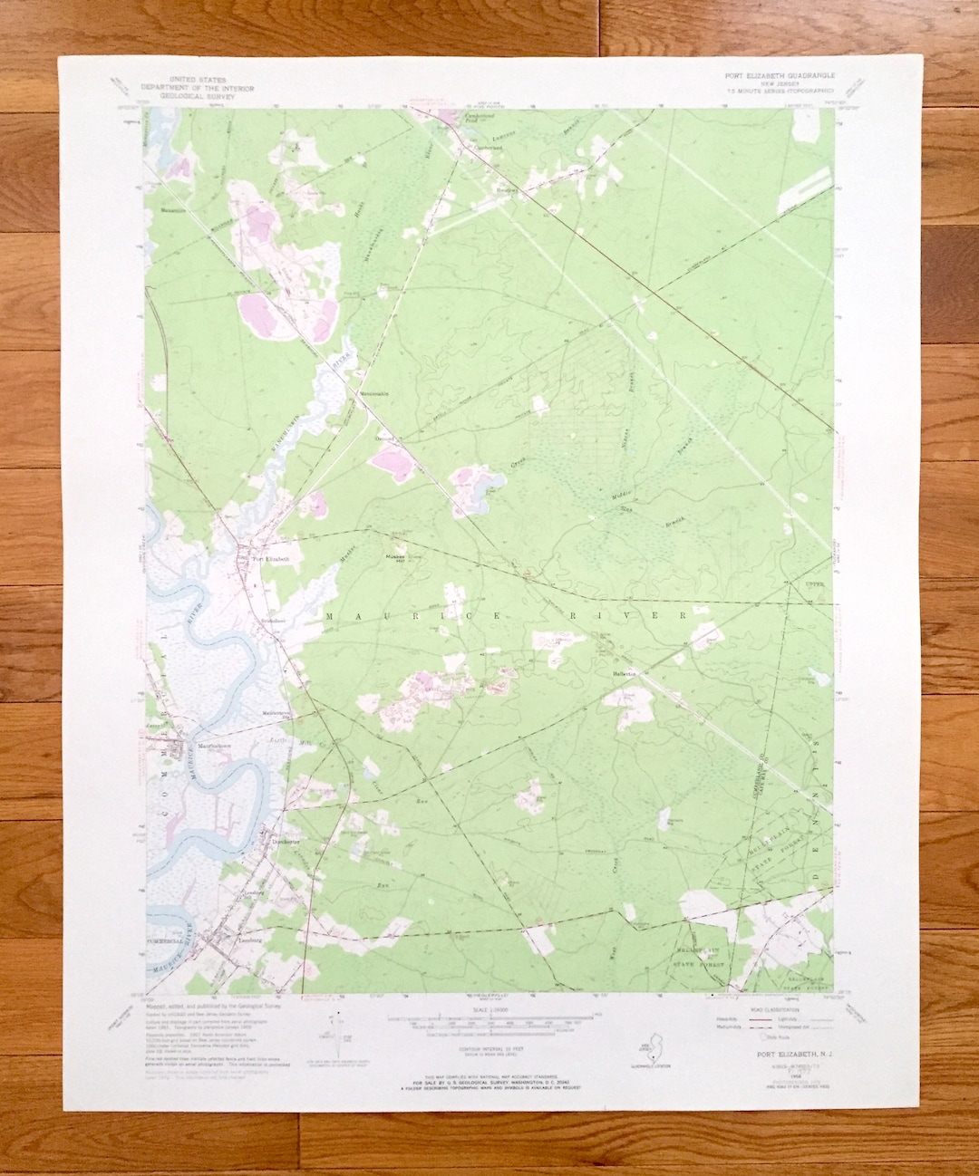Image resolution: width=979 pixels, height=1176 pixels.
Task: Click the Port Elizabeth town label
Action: pyautogui.click(x=271, y=559)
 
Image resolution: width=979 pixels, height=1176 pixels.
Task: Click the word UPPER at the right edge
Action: pyautogui.click(x=818, y=587)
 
